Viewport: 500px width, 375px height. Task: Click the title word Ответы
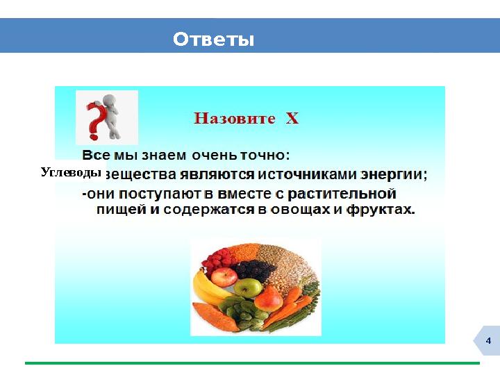214,40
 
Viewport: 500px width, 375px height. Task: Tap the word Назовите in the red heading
234,118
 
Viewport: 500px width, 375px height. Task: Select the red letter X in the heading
292,118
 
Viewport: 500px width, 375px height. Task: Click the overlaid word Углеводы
71,172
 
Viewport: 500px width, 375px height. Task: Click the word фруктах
383,208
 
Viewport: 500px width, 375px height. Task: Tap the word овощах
301,208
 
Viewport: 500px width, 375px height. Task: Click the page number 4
488,341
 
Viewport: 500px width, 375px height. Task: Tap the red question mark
93,119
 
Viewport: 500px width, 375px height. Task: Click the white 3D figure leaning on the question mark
111,111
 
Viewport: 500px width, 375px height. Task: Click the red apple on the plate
224,277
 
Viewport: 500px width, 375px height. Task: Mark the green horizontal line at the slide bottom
252,362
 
